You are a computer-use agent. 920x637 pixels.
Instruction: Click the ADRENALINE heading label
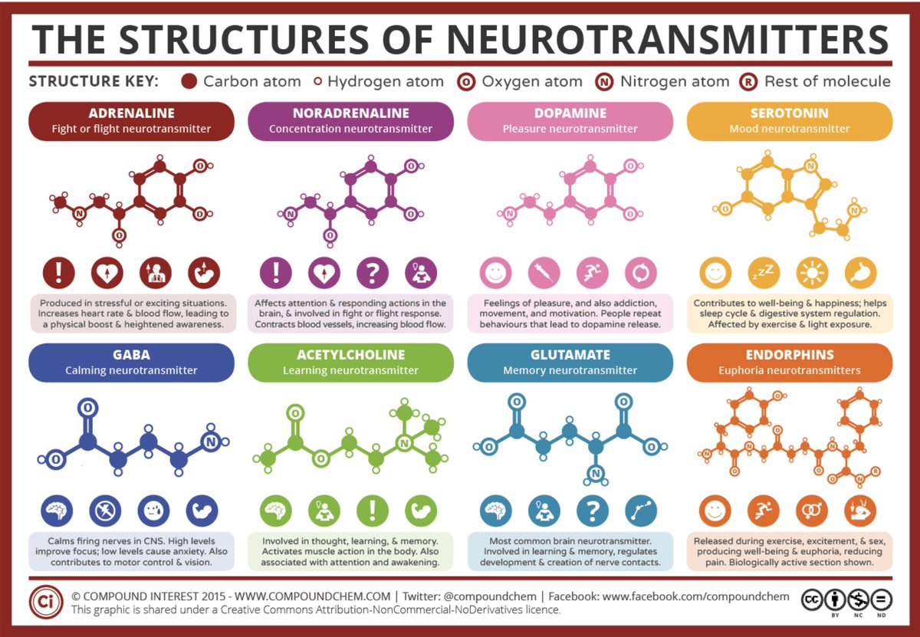coord(120,113)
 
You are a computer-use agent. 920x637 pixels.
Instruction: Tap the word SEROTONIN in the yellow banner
coord(789,113)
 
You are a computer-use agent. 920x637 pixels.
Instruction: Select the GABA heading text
coord(120,355)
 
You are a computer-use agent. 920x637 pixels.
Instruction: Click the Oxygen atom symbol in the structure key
coord(465,81)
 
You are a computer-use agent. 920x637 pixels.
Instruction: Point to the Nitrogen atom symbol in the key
coord(603,81)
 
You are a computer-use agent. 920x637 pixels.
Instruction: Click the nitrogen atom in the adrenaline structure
coord(79,214)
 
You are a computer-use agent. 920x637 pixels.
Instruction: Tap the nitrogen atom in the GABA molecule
coord(210,442)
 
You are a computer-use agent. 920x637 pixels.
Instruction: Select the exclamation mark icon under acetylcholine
coord(371,511)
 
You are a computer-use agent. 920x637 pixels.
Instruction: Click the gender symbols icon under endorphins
coord(811,511)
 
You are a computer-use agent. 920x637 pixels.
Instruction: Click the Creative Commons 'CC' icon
coord(812,599)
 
